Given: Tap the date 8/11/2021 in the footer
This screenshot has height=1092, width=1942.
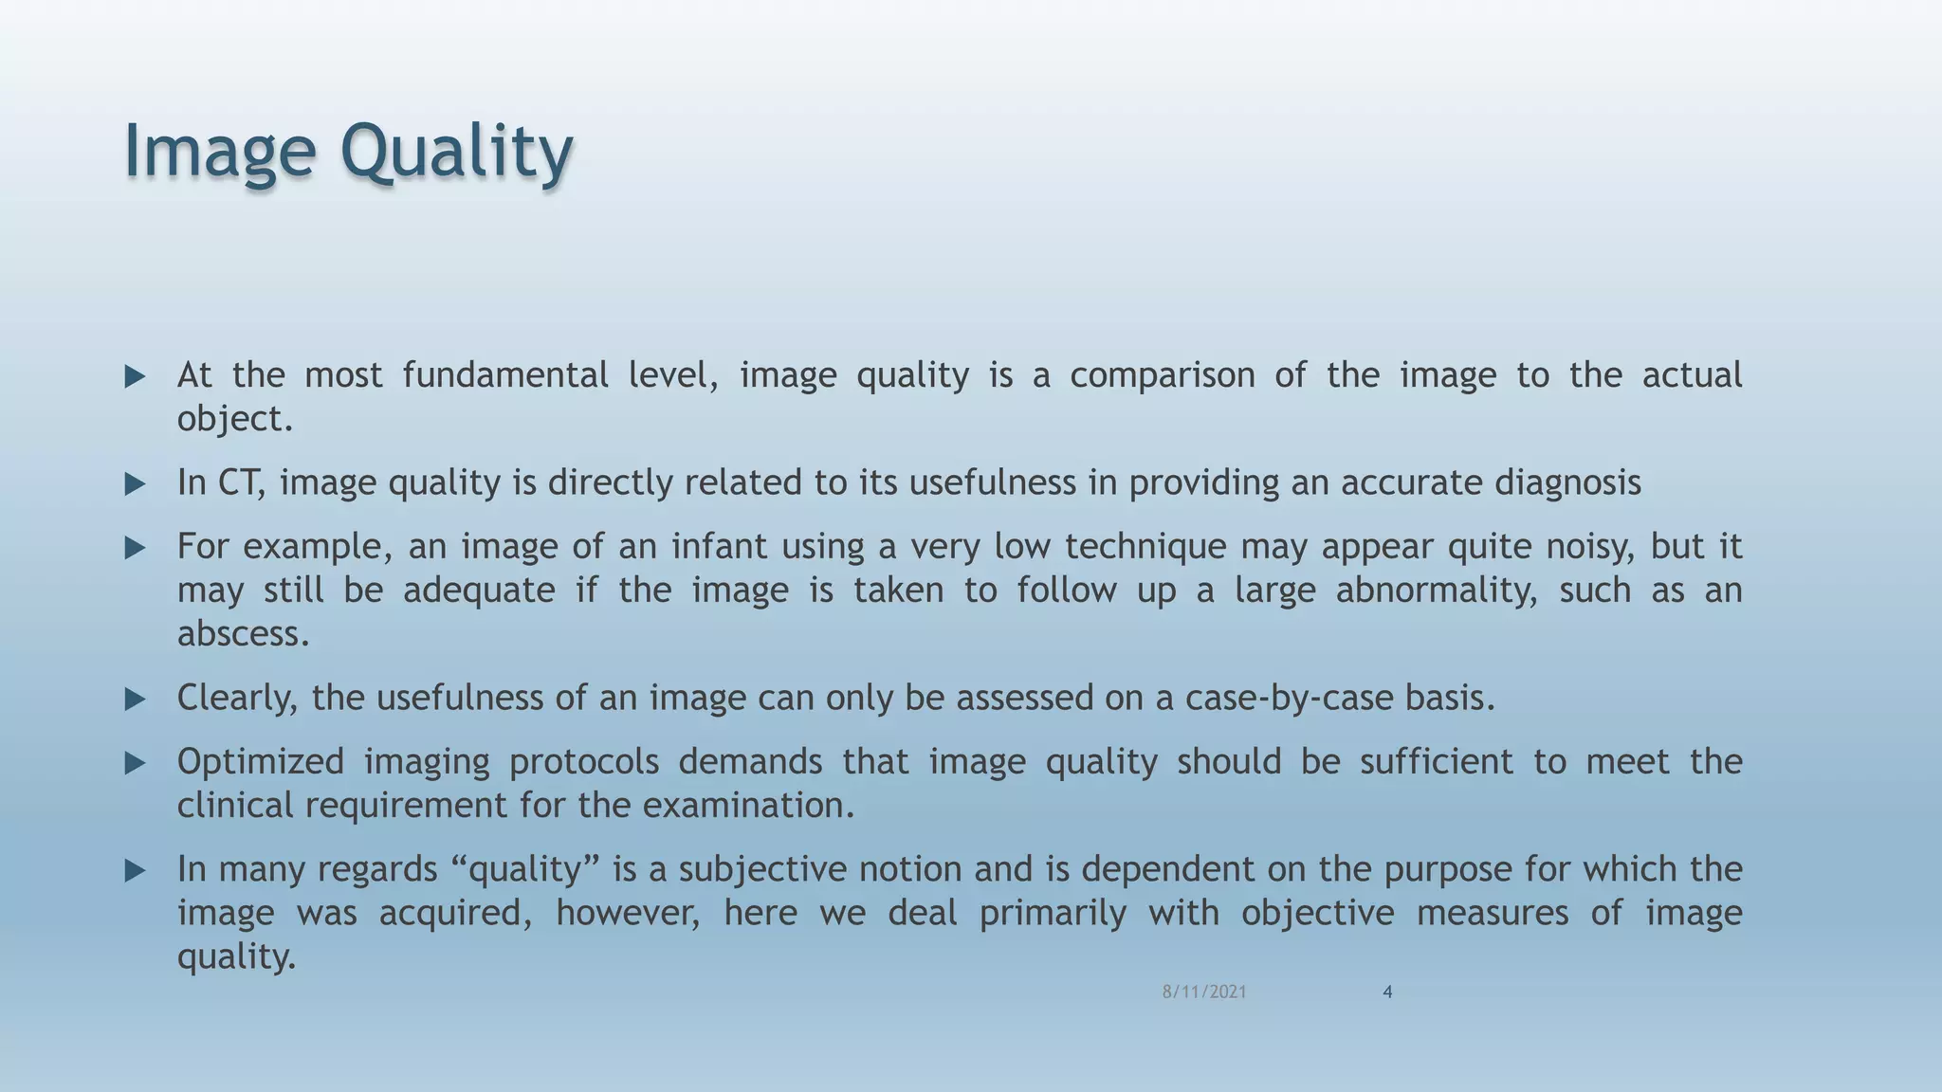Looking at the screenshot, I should pyautogui.click(x=1204, y=992).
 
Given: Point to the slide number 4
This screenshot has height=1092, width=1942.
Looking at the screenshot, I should pyautogui.click(x=1387, y=992).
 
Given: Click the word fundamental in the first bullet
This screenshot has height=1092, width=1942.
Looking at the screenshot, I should pyautogui.click(x=505, y=375).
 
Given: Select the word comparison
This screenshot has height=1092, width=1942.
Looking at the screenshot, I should pyautogui.click(x=1163, y=375).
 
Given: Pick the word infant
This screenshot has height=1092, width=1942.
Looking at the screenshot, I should pyautogui.click(x=720, y=547).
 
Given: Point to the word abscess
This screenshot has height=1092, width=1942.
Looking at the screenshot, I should pyautogui.click(x=243, y=633).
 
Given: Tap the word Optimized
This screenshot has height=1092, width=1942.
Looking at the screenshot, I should pyautogui.click(x=261, y=762).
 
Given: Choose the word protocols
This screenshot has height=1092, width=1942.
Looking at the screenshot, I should pyautogui.click(x=584, y=762).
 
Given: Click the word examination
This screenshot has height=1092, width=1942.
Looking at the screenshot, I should pyautogui.click(x=748, y=806).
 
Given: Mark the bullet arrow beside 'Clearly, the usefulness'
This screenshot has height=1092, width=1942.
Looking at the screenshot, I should pyautogui.click(x=136, y=700).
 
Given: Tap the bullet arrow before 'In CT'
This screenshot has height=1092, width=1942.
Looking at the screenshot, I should pyautogui.click(x=136, y=484).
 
